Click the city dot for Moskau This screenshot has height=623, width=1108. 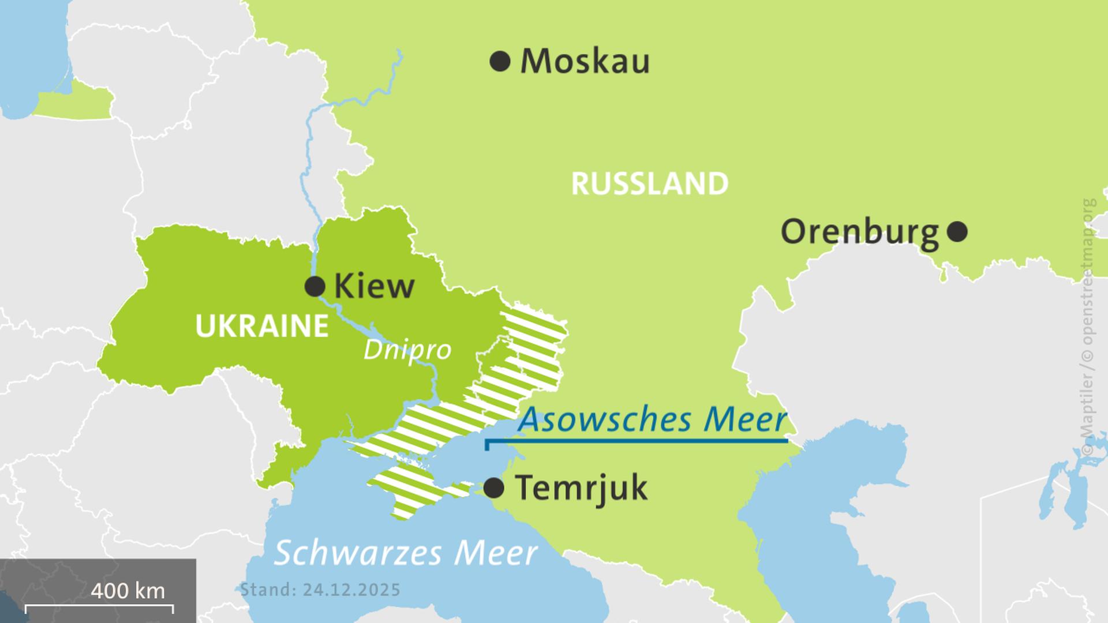pyautogui.click(x=500, y=61)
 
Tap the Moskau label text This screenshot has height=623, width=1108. pyautogui.click(x=585, y=62)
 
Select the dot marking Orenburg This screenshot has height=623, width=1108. pyautogui.click(x=957, y=232)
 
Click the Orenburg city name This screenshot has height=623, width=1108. pyautogui.click(x=859, y=232)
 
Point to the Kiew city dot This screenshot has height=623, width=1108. pyautogui.click(x=315, y=286)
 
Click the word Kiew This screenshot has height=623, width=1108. pyautogui.click(x=374, y=287)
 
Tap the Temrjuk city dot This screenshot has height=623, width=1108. pyautogui.click(x=493, y=489)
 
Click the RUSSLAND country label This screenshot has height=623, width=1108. pyautogui.click(x=650, y=184)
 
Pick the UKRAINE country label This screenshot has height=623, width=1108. pyautogui.click(x=262, y=326)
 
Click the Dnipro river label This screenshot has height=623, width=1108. pyautogui.click(x=407, y=350)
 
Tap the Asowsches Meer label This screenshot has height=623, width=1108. pyautogui.click(x=652, y=420)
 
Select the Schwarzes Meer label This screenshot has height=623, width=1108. pyautogui.click(x=405, y=553)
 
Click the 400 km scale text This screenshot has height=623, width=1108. pyautogui.click(x=128, y=591)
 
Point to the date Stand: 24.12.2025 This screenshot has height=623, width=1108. pyautogui.click(x=320, y=590)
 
